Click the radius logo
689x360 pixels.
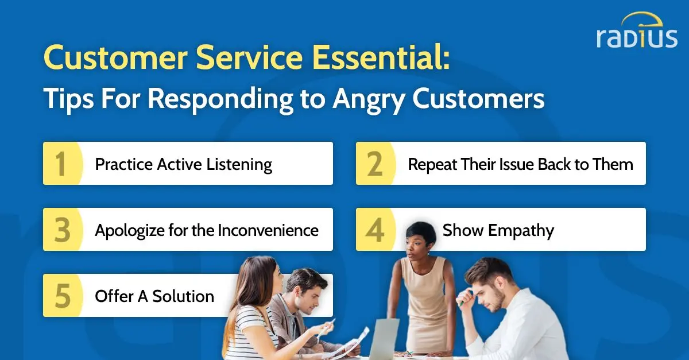[637, 31]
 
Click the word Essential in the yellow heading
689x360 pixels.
[381, 57]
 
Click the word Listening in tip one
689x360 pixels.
[239, 165]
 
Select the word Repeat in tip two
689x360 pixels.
[432, 165]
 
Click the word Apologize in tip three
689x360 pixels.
[130, 231]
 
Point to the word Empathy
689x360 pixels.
[521, 231]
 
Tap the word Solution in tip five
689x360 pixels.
[183, 296]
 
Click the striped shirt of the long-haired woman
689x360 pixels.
[253, 332]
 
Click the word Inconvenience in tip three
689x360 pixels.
[268, 230]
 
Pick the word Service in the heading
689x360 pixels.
[249, 57]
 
